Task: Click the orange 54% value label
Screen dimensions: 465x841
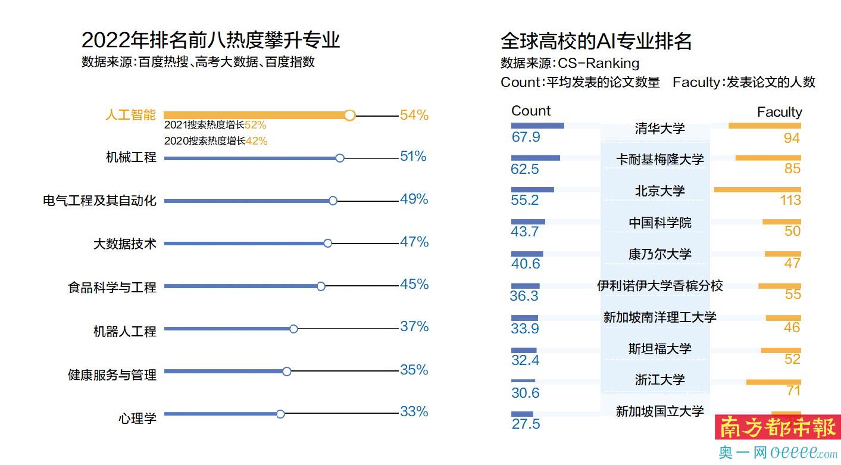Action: pos(414,115)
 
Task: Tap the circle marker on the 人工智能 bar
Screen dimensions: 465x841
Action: pos(350,115)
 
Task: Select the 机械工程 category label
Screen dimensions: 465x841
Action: pos(131,157)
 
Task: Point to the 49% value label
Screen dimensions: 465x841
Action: pos(414,199)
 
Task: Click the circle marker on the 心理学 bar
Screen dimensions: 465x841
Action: pos(280,414)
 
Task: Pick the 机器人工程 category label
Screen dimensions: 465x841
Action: pos(125,331)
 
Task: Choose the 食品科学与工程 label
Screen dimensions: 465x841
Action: pos(112,288)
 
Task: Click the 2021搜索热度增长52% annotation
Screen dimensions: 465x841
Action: pos(215,125)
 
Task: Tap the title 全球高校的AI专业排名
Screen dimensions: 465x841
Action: pos(596,40)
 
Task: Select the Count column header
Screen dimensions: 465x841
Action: pos(531,111)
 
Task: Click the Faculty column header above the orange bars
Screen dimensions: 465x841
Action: pos(779,112)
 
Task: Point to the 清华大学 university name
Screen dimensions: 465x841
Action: pos(660,128)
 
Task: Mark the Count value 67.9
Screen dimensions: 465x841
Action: pos(526,137)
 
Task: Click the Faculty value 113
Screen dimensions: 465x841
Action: pos(790,200)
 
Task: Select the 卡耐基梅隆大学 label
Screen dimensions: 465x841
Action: pos(660,159)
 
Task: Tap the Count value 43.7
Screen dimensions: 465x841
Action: pos(525,232)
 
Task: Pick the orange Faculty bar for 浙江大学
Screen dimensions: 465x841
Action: pos(773,382)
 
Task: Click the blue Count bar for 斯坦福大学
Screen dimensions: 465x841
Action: pos(524,350)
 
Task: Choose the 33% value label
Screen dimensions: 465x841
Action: pos(414,411)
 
